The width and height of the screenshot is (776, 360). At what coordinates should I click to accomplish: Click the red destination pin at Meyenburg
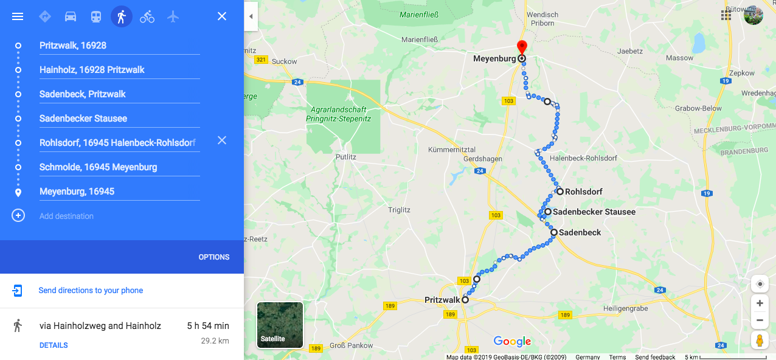[x=521, y=47]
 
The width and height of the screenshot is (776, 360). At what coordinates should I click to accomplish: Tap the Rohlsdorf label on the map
[x=583, y=192]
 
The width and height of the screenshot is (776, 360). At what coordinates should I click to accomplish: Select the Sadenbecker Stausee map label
[x=594, y=212]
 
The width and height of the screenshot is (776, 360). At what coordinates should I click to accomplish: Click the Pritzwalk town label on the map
[x=442, y=300]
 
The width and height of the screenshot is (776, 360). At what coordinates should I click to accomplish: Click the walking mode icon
[x=122, y=16]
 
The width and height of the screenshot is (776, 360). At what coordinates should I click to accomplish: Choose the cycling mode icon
[x=147, y=16]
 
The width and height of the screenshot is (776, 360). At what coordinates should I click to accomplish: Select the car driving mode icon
[x=71, y=16]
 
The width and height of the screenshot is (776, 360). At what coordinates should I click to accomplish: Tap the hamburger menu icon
[x=18, y=16]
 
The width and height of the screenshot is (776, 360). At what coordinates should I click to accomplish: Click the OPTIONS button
[x=214, y=257]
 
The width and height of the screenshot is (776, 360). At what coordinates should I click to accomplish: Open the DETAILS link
[x=54, y=345]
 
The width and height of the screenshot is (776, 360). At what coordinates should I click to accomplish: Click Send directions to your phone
[x=91, y=291]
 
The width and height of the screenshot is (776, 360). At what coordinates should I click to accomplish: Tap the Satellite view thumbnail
[x=280, y=325]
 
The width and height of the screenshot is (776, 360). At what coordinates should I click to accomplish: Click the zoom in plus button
[x=759, y=303]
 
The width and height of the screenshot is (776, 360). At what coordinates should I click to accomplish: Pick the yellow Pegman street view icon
[x=759, y=340]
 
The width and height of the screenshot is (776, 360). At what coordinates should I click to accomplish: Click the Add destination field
[x=67, y=216]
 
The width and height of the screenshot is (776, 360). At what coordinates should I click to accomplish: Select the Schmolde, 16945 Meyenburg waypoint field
[x=99, y=167]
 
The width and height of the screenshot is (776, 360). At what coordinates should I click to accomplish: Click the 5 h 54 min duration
[x=208, y=326]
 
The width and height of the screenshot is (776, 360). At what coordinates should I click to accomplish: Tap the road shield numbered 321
[x=262, y=60]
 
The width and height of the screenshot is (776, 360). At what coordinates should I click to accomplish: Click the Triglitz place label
[x=399, y=210]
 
